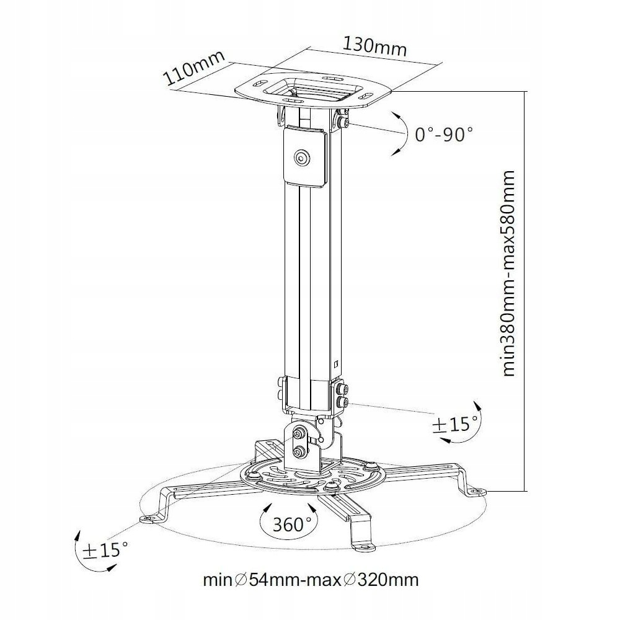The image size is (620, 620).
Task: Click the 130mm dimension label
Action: pyautogui.click(x=374, y=47)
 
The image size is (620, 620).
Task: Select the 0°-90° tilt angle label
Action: pyautogui.click(x=444, y=135)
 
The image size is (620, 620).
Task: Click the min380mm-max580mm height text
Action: pyautogui.click(x=508, y=273)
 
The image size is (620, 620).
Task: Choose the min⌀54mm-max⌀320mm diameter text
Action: pyautogui.click(x=311, y=580)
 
